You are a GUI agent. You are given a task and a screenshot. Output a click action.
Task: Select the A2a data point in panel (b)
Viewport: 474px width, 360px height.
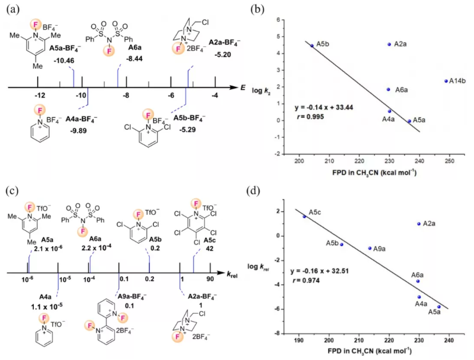tap(389, 44)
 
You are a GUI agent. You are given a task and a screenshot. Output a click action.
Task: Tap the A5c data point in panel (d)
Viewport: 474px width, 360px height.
tap(304, 217)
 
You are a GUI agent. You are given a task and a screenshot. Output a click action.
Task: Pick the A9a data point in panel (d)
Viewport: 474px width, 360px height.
tap(370, 248)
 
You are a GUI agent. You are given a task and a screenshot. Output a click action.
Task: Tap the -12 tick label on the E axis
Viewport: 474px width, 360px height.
tap(39, 95)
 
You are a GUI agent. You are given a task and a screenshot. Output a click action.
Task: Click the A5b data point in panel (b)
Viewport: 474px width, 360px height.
tap(312, 46)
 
